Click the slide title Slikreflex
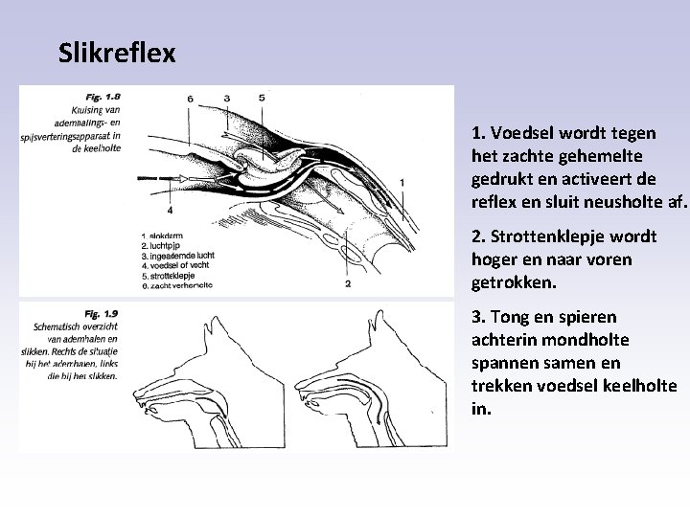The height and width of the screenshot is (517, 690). [117, 53]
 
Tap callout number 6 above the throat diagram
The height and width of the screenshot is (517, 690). [191, 99]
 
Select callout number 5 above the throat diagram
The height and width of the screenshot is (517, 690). [262, 98]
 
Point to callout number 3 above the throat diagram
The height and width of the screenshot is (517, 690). [227, 98]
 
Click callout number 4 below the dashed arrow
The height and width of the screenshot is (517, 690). [170, 209]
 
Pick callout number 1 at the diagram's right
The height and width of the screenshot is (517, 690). [402, 182]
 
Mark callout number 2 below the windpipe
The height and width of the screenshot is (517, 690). [347, 283]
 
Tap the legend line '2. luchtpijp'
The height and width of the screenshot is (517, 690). [165, 246]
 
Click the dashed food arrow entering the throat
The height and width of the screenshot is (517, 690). [163, 179]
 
